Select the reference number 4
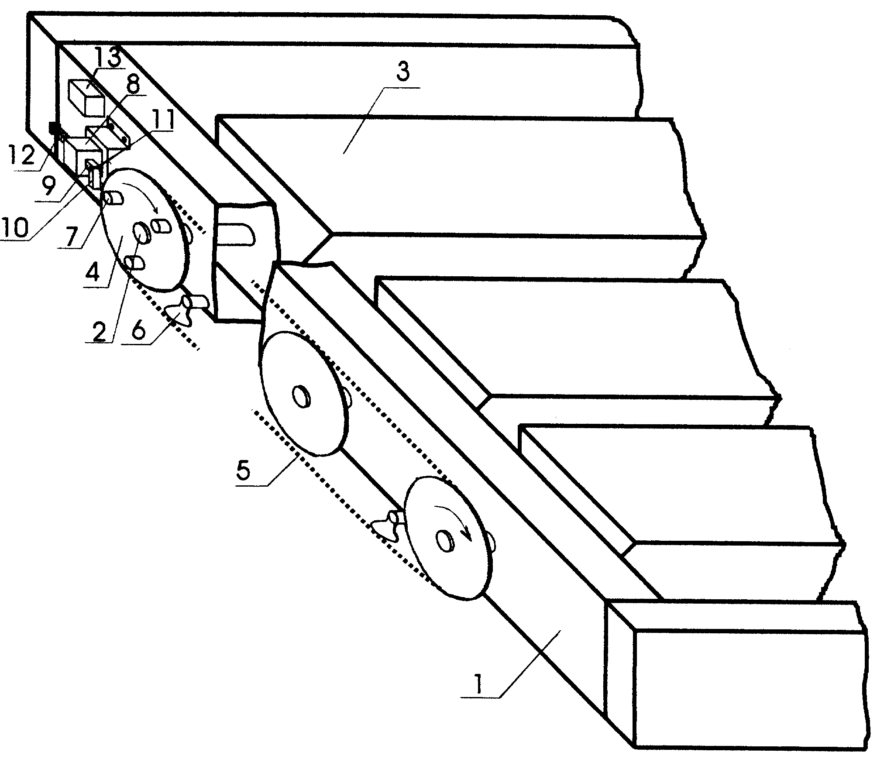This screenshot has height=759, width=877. pos(94,275)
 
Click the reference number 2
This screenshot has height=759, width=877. pos(99,330)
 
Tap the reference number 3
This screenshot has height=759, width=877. pos(402,73)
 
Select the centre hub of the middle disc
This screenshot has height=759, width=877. pos(301,396)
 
